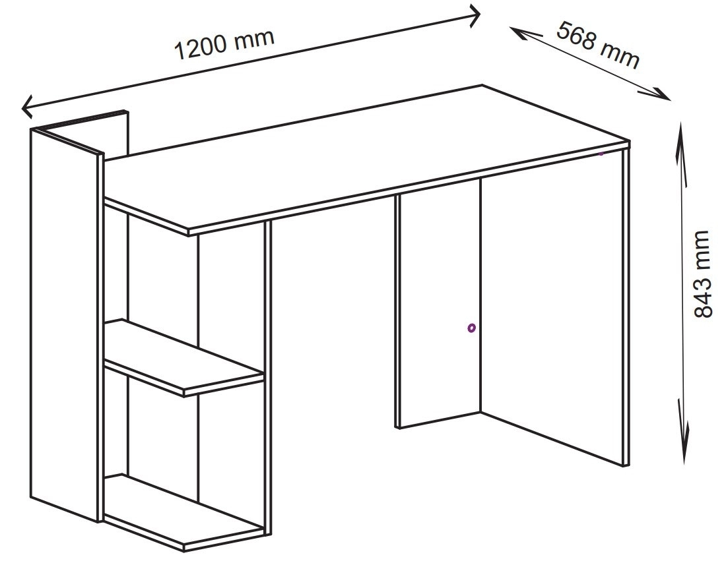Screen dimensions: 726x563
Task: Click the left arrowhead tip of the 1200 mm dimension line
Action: coord(22,108)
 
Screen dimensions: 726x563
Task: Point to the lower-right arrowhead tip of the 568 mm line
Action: coord(670,100)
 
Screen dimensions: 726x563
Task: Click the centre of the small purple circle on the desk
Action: coord(471,328)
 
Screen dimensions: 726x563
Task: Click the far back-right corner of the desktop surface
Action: coord(482,85)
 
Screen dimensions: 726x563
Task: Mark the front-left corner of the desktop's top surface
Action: coord(188,229)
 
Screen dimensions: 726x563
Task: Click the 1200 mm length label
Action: coord(224,44)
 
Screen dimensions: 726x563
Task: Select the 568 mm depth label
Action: coord(598,44)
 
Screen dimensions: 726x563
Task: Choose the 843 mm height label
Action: coord(702,274)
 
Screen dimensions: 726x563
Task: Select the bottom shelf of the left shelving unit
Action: coord(184,512)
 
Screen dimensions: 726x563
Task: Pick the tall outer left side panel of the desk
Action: coord(66,324)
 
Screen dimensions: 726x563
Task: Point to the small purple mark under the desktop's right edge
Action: coord(601,153)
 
